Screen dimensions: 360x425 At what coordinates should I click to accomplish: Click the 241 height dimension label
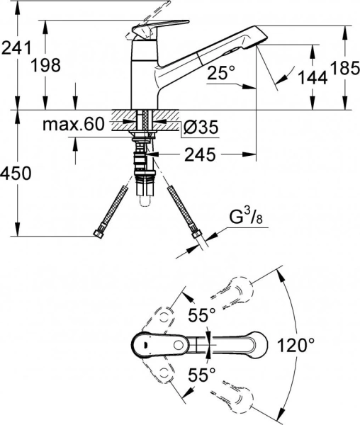[x=16, y=48]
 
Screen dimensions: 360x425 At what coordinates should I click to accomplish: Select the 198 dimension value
[x=45, y=66]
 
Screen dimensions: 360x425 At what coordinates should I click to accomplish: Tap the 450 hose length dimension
[x=16, y=174]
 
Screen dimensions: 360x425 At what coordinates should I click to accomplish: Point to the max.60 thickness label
[x=74, y=125]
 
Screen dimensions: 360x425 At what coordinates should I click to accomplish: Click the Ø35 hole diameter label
[x=201, y=127]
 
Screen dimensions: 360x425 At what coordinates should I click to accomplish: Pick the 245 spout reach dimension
[x=200, y=154]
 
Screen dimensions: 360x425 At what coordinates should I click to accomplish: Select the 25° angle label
[x=221, y=73]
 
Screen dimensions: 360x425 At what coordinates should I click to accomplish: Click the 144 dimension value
[x=313, y=78]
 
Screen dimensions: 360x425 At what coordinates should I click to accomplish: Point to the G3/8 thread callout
[x=246, y=218]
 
